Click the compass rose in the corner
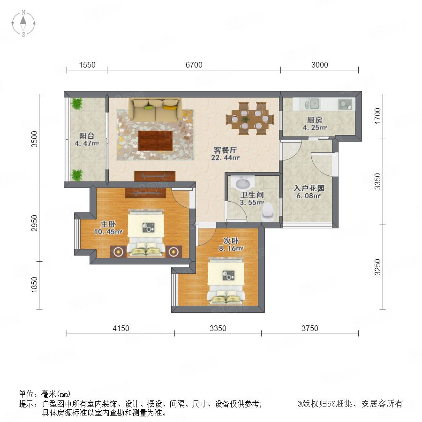23,23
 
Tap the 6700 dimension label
194,65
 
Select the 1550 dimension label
87,65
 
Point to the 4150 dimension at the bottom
121,328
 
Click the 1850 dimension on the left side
34,285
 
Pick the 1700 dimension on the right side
378,116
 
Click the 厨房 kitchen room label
315,120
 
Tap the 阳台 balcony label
87,136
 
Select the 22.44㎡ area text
225,158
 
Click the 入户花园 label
309,188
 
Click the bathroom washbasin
243,183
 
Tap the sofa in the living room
155,110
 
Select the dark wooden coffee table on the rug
155,141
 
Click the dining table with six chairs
250,119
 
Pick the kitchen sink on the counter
312,104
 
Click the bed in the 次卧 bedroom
226,281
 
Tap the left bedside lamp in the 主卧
118,252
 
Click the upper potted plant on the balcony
77,104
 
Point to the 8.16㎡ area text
231,249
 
